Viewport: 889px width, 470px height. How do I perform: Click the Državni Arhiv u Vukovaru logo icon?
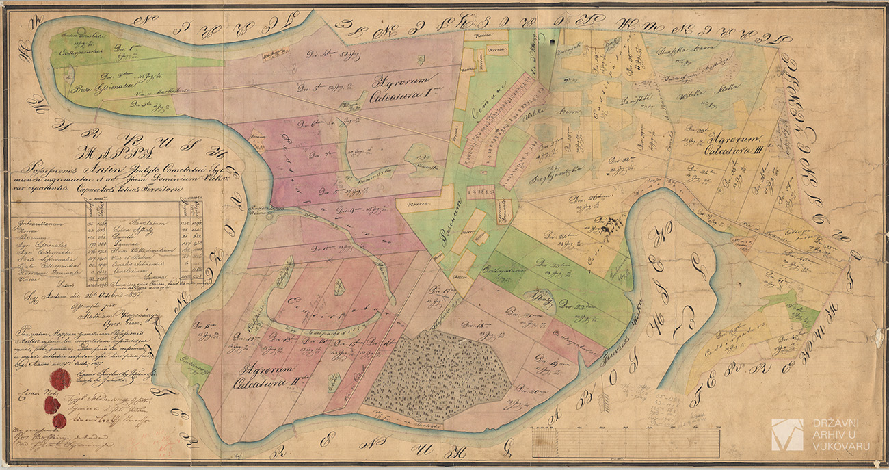point(786,434)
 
